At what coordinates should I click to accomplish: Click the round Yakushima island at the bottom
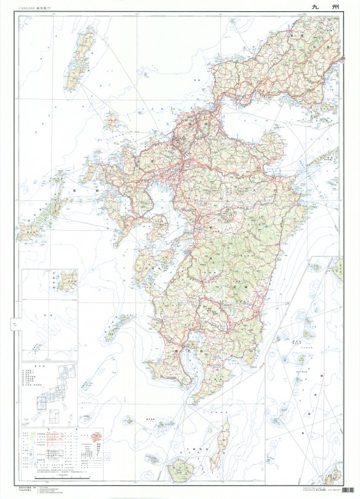[182, 466]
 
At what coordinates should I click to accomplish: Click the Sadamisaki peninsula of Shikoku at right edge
[328, 156]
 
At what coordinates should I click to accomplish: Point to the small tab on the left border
[13, 324]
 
